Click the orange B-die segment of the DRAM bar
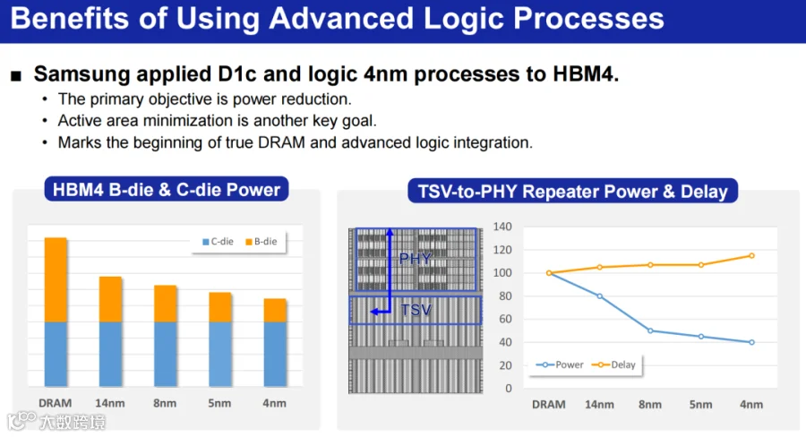pyautogui.click(x=56, y=279)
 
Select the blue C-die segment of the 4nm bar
pyautogui.click(x=275, y=354)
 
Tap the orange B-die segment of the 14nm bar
pyautogui.click(x=110, y=299)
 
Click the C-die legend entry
pyautogui.click(x=218, y=242)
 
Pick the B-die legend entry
pyautogui.click(x=262, y=242)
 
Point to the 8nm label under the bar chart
pyautogui.click(x=165, y=403)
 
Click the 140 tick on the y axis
pyautogui.click(x=502, y=227)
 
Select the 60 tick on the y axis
pyautogui.click(x=505, y=319)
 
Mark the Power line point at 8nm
pyautogui.click(x=650, y=330)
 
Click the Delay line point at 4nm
pyautogui.click(x=751, y=255)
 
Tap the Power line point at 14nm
pyautogui.click(x=599, y=296)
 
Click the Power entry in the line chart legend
pyautogui.click(x=560, y=364)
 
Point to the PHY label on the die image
pyautogui.click(x=416, y=259)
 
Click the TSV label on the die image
pyautogui.click(x=416, y=310)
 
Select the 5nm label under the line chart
pyautogui.click(x=700, y=405)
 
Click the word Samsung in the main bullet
pyautogui.click(x=82, y=74)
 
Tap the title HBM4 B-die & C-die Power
pyautogui.click(x=167, y=190)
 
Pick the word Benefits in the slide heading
pyautogui.click(x=70, y=18)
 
